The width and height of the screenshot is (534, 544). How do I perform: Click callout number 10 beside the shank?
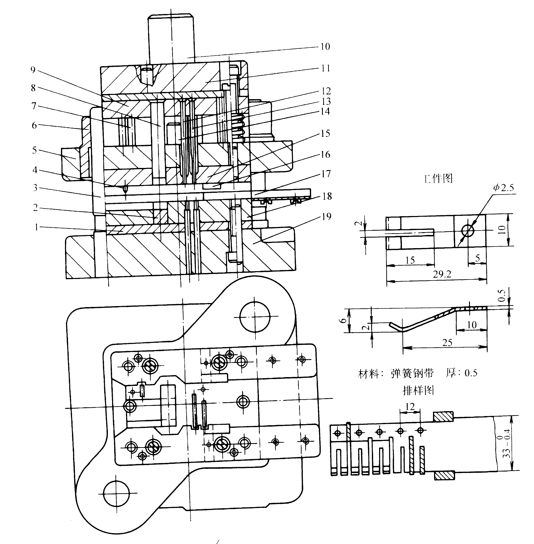pos(325,47)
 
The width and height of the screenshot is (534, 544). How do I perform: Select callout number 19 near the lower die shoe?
pos(326,216)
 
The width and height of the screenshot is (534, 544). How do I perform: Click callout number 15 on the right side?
pos(325,133)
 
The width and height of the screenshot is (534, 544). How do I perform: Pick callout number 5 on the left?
pos(34,150)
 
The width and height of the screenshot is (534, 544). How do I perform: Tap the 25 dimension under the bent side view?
pos(447,342)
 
